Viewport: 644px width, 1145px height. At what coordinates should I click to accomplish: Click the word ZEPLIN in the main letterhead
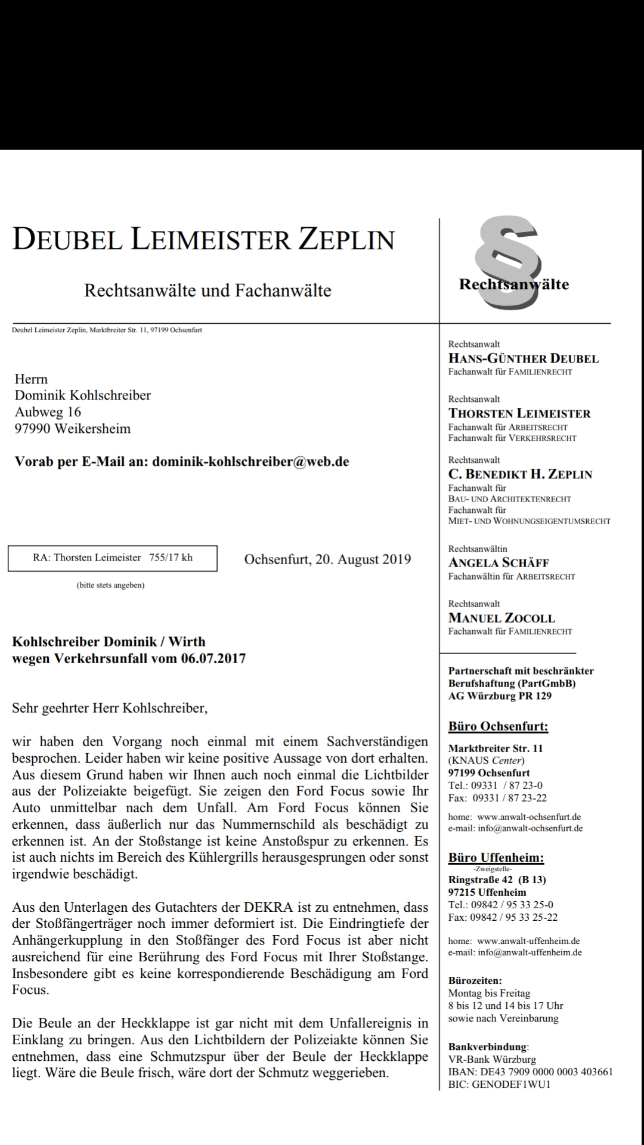(x=346, y=240)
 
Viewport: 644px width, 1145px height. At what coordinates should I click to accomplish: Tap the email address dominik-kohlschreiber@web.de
(x=250, y=462)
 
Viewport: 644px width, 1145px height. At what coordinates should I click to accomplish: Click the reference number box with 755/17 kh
(x=113, y=558)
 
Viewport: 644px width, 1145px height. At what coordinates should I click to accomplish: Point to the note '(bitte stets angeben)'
(x=110, y=585)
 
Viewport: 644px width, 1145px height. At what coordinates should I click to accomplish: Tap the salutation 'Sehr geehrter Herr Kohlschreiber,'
(x=110, y=709)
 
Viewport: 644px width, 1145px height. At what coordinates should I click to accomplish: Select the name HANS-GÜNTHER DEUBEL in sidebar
(x=523, y=358)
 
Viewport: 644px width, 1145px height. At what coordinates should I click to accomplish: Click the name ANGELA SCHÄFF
(x=499, y=562)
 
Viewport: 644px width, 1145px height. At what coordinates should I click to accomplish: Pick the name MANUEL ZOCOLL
(x=501, y=618)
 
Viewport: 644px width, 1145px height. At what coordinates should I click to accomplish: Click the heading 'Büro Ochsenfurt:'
(x=498, y=726)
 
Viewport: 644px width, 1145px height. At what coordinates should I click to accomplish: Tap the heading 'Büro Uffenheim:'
(x=496, y=858)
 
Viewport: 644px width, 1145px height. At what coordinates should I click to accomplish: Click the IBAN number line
(x=530, y=1072)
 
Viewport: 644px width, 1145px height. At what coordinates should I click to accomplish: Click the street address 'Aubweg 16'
(x=48, y=412)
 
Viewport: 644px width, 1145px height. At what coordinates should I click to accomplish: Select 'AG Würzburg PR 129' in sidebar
(x=500, y=696)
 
